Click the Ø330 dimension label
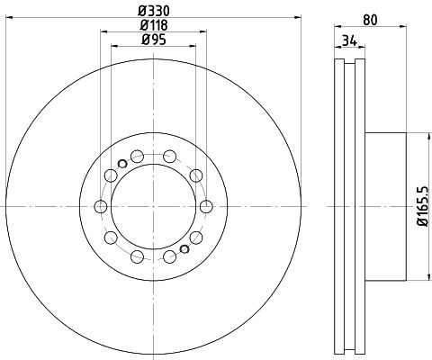(154, 11)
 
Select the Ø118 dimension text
(154, 25)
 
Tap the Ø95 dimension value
(154, 40)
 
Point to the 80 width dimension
(370, 20)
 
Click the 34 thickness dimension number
(349, 40)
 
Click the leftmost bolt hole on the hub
(101, 206)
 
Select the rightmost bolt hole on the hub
(206, 206)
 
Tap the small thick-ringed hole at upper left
(122, 164)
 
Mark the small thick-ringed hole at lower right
(184, 249)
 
